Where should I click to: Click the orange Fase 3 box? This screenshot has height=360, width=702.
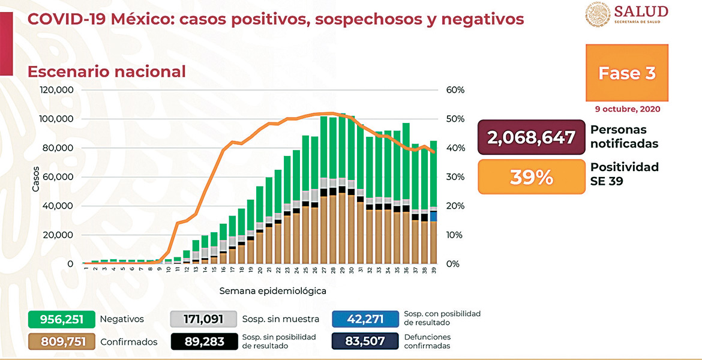[627, 73]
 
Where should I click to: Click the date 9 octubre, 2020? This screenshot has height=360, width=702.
[628, 109]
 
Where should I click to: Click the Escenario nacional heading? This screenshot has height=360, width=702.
[107, 71]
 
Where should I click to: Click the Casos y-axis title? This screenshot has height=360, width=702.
[35, 178]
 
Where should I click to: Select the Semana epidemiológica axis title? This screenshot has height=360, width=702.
[272, 291]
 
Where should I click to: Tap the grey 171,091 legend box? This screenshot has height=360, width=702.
[203, 319]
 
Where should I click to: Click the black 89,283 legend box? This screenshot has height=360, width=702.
[203, 341]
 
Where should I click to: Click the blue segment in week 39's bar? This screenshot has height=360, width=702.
[433, 216]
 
